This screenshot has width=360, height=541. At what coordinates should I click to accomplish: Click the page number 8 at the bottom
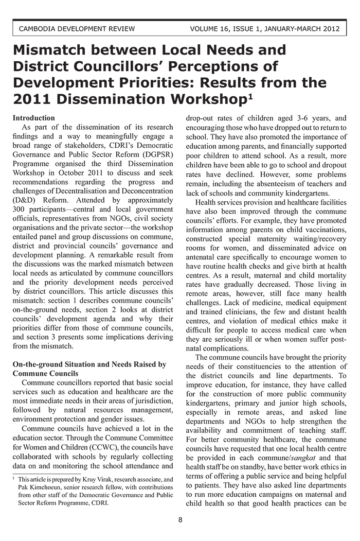[180, 520]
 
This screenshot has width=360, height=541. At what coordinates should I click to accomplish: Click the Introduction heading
[33, 118]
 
